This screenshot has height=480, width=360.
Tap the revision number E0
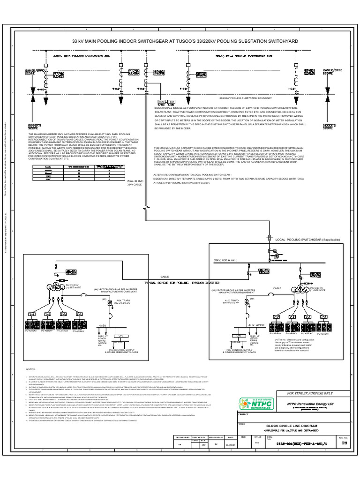point(345,442)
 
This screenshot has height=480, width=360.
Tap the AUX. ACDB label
point(256,325)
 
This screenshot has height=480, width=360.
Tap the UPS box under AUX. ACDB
point(239,336)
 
